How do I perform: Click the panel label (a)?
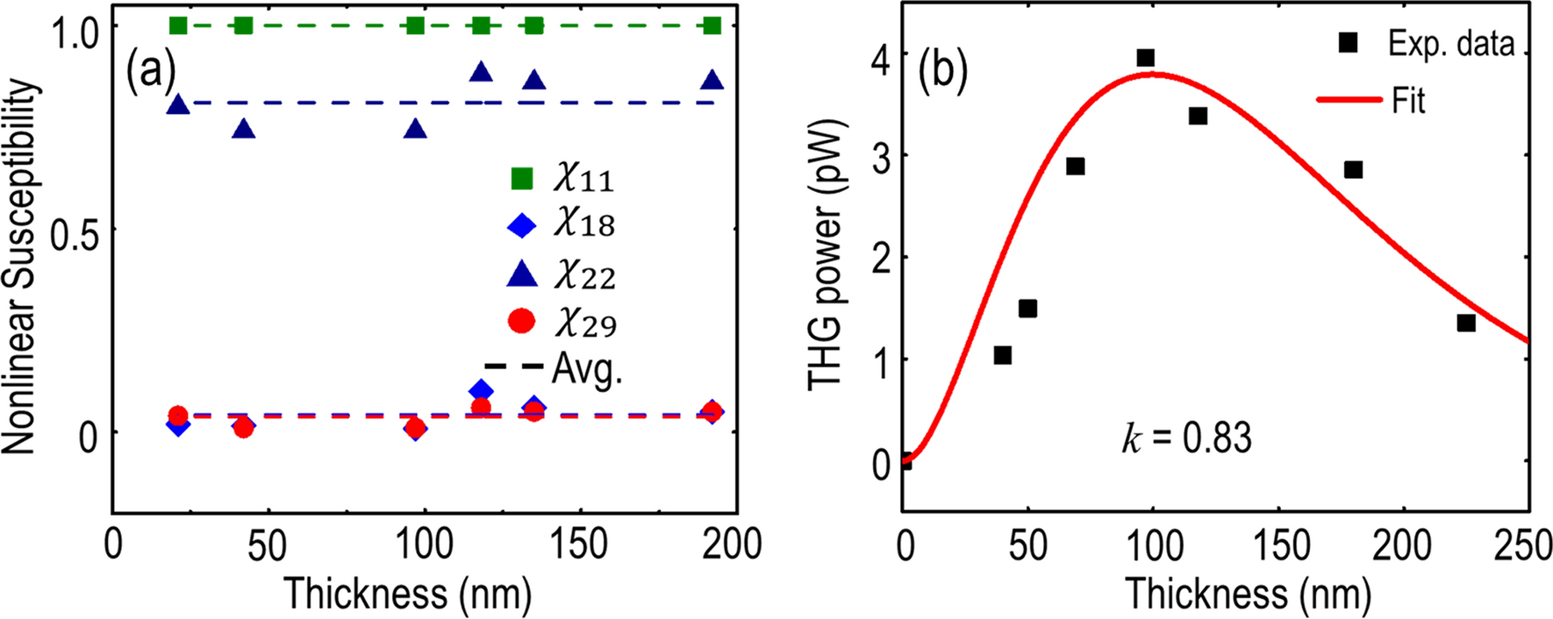point(150,70)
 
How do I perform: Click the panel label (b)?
point(943,70)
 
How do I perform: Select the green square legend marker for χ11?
point(522,178)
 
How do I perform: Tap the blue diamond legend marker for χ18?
point(522,225)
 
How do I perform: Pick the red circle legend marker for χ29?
point(522,322)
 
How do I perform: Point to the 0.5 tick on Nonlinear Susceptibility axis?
point(74,231)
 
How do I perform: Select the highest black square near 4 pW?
point(1145,58)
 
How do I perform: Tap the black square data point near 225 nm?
point(1466,323)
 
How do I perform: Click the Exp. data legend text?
point(1450,44)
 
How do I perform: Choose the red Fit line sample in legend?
point(1349,101)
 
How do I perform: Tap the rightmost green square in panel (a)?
point(712,25)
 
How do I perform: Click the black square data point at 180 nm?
point(1353,169)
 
